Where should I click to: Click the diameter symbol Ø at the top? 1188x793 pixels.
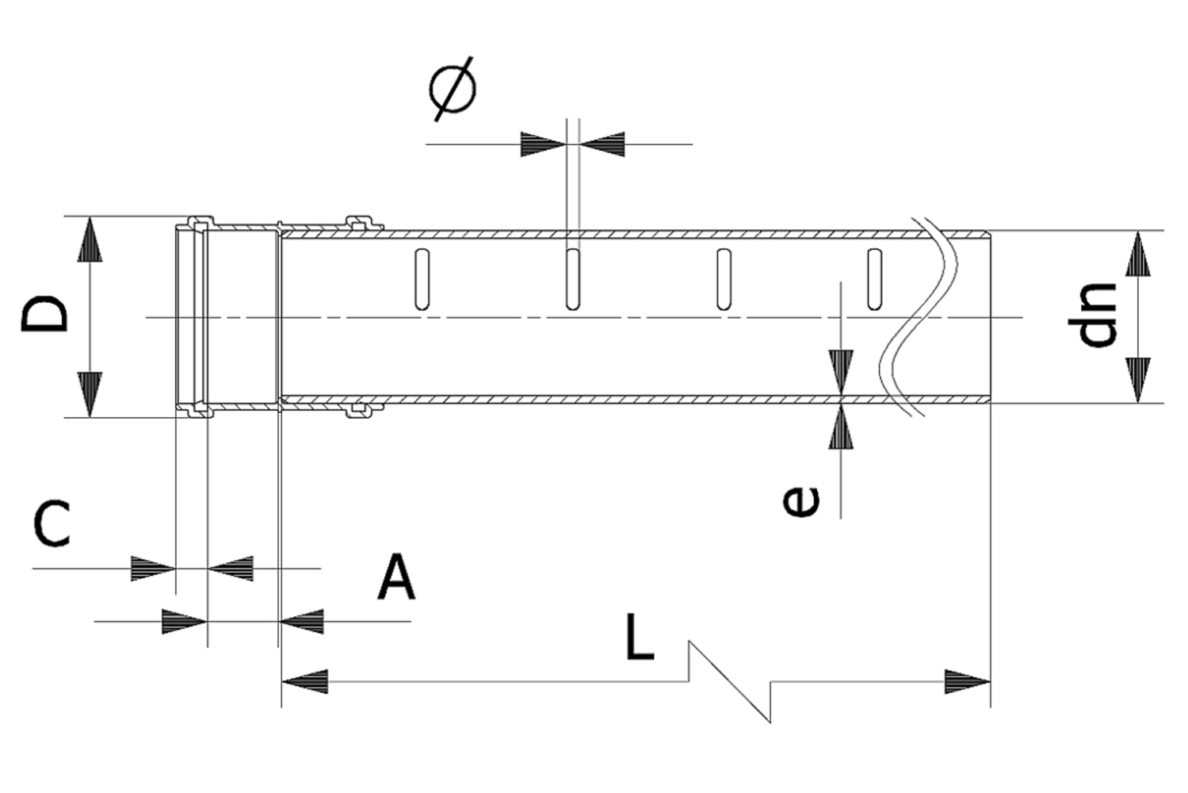click(453, 88)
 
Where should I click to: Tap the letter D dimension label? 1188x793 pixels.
click(45, 315)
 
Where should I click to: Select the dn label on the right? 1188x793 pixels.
click(1098, 315)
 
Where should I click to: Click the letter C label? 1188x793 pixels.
click(52, 523)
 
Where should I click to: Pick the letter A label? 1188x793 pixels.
click(396, 579)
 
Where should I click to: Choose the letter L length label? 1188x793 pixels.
click(639, 636)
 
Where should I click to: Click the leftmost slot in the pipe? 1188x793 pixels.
click(422, 279)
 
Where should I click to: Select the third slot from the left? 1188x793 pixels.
click(724, 279)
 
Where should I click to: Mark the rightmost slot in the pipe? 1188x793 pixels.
click(874, 279)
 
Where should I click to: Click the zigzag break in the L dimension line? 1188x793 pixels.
click(729, 682)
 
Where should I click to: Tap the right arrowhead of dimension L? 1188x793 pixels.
click(967, 681)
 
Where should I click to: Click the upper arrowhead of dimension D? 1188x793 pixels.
click(90, 239)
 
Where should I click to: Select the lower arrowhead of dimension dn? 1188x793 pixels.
click(1139, 379)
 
